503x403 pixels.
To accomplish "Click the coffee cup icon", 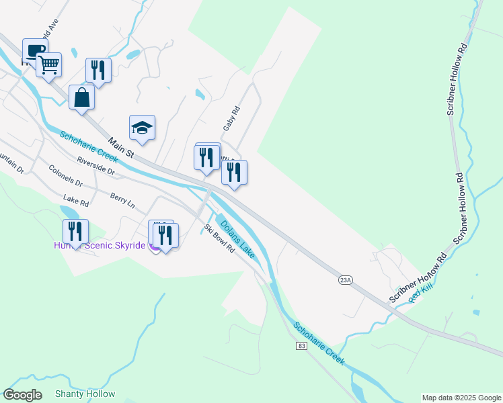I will [x=34, y=51].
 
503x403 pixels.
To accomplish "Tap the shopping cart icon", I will [x=48, y=65].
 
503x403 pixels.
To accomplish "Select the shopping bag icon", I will [x=81, y=97].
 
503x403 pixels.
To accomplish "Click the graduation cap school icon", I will [x=143, y=128].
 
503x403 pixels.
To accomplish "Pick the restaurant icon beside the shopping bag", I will [x=98, y=70].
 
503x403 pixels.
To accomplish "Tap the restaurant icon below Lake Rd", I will [x=75, y=231].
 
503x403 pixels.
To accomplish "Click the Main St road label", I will [x=120, y=148].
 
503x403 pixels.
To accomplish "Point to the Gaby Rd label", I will [x=231, y=118].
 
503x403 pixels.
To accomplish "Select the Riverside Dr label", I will [x=96, y=165].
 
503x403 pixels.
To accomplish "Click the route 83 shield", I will [x=300, y=345].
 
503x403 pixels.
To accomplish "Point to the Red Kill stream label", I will [x=422, y=294].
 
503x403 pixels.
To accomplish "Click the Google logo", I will [x=23, y=395].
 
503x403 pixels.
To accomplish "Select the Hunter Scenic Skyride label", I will [x=100, y=246].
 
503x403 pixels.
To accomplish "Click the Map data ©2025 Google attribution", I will [x=461, y=398].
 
